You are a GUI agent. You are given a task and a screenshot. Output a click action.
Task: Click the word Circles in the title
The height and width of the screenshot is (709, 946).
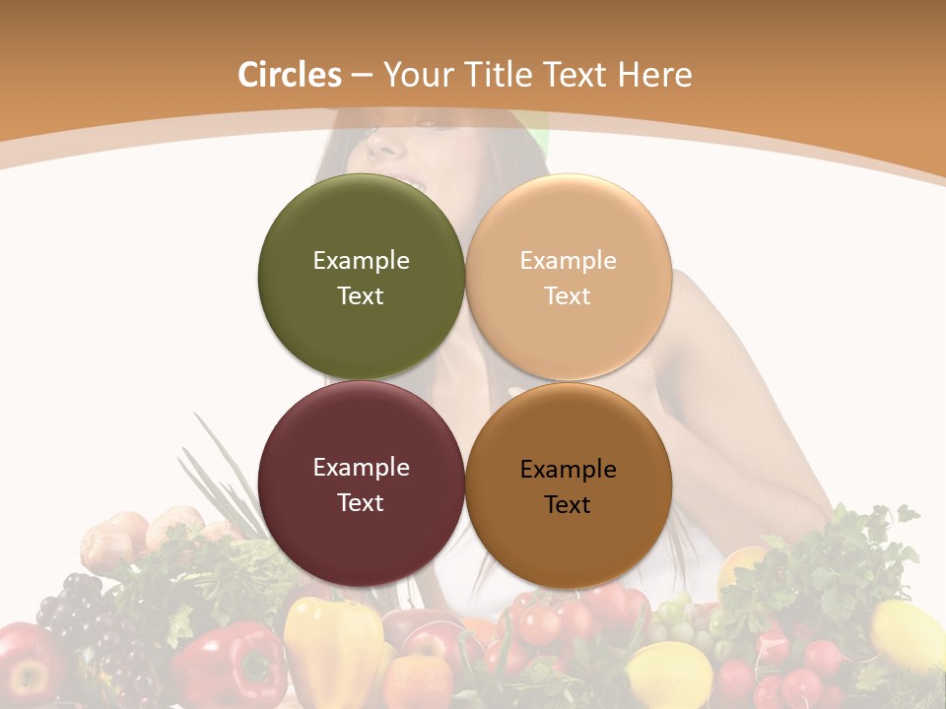tap(289, 75)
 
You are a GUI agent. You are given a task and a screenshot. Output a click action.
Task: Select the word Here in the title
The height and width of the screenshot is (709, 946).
tap(656, 75)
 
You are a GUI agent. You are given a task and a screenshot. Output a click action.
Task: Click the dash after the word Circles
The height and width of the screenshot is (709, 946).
tap(361, 76)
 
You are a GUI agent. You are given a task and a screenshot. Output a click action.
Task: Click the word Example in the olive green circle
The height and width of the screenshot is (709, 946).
tap(361, 261)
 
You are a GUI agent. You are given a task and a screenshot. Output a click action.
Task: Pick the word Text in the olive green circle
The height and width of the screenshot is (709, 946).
tap(361, 296)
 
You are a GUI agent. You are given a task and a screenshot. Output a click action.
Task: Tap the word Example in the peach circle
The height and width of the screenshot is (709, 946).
tap(568, 261)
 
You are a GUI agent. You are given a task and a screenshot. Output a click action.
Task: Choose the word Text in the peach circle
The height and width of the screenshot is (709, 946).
tap(568, 296)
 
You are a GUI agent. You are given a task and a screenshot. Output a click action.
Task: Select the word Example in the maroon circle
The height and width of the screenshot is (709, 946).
tap(361, 468)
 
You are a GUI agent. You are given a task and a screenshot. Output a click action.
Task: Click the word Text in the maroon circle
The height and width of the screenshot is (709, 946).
tap(361, 503)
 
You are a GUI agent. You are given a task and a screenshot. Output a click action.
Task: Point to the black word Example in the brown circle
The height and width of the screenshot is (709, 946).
tap(568, 470)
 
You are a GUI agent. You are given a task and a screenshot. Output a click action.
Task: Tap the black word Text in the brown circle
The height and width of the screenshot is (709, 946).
tap(568, 505)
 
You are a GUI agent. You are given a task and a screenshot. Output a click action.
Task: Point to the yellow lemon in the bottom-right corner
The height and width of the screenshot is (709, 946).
tap(907, 635)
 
